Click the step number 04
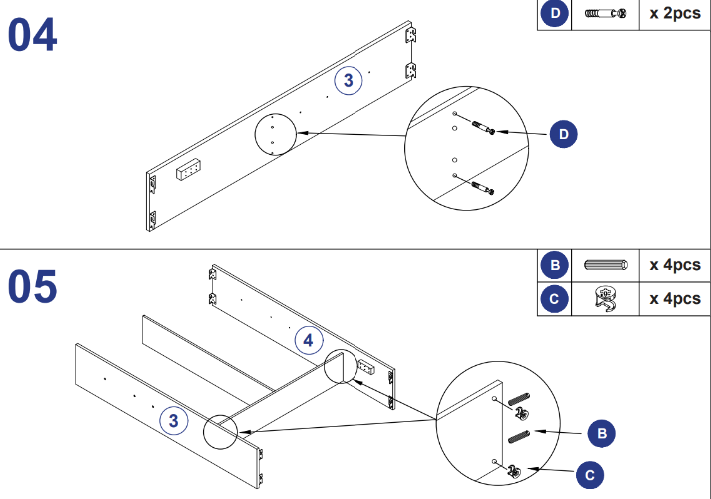click(32, 36)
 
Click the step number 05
click(32, 286)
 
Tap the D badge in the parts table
click(554, 14)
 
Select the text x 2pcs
click(674, 14)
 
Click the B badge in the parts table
click(554, 265)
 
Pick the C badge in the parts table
click(554, 297)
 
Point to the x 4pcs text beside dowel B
click(674, 265)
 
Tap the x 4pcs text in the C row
click(674, 297)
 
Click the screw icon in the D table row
click(605, 14)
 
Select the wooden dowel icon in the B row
click(605, 265)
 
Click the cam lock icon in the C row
click(604, 297)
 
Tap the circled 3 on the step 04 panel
click(348, 82)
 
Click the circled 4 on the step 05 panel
click(309, 341)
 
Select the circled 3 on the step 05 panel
click(174, 421)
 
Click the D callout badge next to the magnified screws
click(564, 133)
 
